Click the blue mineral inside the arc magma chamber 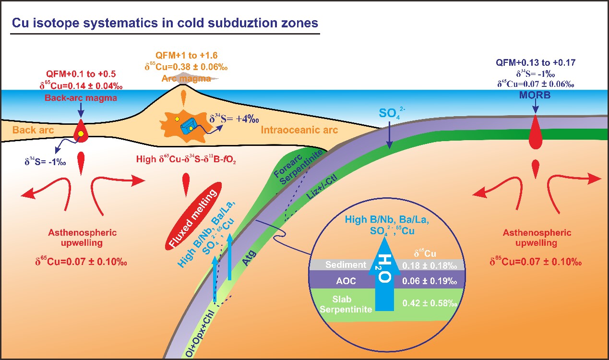[188, 126]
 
